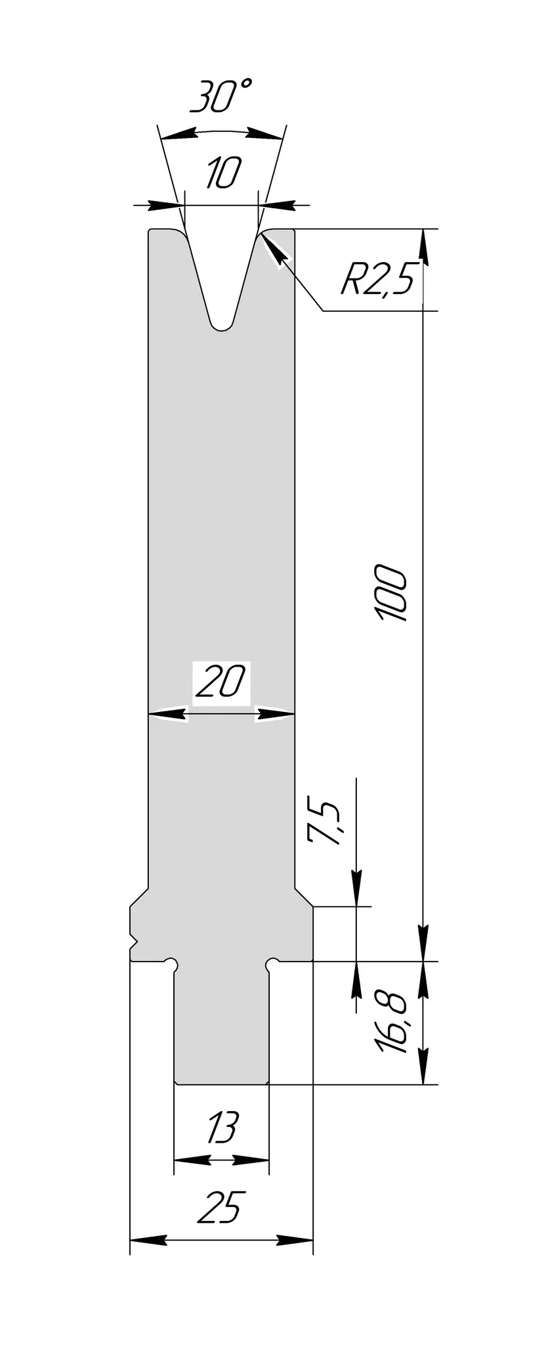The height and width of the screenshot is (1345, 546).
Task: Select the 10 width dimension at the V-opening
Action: [222, 174]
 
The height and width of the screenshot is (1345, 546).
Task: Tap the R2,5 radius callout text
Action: [377, 281]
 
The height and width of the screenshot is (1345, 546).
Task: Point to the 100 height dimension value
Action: [392, 592]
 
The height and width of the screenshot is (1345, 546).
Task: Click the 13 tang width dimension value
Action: [221, 1128]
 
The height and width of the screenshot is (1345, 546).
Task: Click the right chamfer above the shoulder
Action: [303, 897]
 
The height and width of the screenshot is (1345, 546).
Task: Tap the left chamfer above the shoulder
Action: [139, 897]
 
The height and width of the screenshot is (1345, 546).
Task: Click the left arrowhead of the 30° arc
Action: [178, 136]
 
